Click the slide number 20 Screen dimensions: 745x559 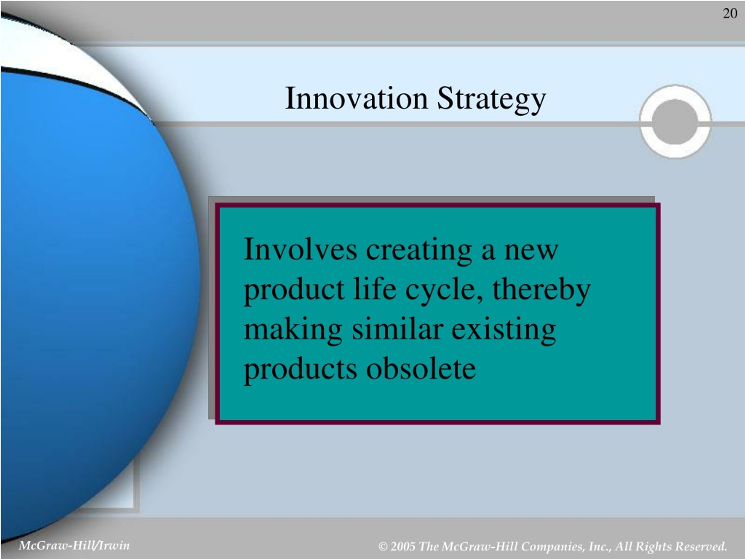coord(730,13)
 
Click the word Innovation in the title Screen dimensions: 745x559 coord(356,98)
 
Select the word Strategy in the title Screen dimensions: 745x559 coord(492,100)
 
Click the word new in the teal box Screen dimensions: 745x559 coord(531,251)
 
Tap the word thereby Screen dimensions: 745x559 coord(541,291)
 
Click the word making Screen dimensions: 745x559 coord(293,330)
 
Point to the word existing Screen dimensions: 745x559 coord(503,330)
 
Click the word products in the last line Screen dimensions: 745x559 coord(300,370)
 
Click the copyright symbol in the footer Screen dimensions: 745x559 coord(383,546)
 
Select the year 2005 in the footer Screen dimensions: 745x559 coord(403,546)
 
